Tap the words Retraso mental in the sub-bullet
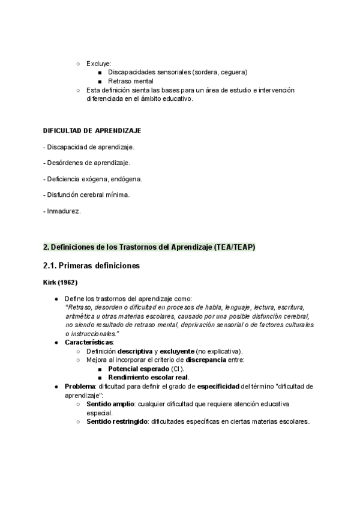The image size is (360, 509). pos(131,81)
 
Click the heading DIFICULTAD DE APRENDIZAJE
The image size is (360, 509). pos(92,131)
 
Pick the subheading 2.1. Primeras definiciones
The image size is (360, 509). pos(92,265)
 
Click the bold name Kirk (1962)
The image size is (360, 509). pos(60,282)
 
